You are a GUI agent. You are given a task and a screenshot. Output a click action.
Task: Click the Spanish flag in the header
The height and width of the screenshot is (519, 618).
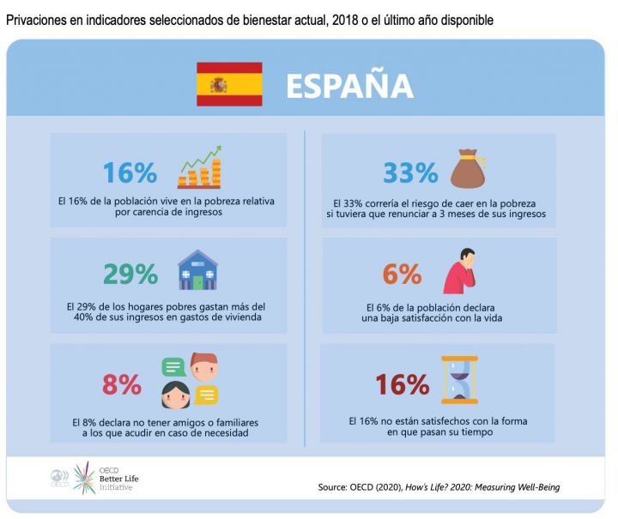229,84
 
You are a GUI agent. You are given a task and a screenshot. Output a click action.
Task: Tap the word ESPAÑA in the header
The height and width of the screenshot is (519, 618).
349,86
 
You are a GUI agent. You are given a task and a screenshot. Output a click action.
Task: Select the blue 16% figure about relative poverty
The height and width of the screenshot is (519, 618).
130,172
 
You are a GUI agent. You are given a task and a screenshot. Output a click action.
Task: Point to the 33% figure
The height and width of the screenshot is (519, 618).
410,172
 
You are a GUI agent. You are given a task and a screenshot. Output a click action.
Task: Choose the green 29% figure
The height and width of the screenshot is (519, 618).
130,274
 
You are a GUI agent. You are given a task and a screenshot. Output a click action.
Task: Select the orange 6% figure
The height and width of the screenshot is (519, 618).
402,274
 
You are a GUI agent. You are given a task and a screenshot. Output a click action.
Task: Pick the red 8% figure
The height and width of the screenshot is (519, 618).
122,384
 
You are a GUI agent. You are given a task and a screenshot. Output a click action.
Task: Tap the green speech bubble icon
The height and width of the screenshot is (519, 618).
174,368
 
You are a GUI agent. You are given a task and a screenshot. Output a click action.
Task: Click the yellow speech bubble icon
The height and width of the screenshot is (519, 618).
206,395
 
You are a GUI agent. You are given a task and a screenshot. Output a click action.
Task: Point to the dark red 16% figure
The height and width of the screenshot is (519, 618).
401,384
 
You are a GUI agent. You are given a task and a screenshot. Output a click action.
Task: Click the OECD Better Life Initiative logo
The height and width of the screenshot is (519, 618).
94,477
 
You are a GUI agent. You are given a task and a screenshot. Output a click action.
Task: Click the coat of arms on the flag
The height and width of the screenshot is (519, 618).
219,84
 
